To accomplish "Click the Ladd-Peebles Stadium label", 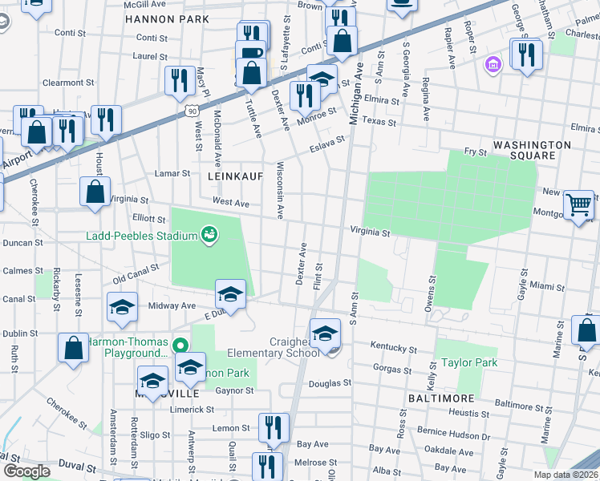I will coord(142,236).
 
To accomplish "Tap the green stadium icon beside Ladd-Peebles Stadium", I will coord(210,235).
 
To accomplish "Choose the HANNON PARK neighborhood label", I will coord(167,18).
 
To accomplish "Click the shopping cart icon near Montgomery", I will coord(578,204).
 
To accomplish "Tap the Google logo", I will coord(26,471).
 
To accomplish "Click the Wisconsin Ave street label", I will coord(280,190).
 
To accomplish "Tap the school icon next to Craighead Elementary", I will coord(326,333).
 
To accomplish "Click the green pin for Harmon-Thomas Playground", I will coord(180,346).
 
